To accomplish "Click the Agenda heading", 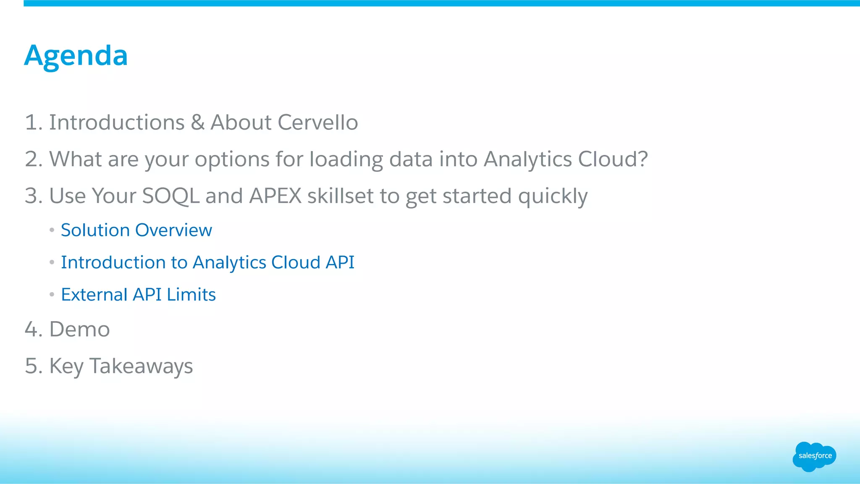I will [76, 55].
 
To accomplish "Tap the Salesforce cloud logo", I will [814, 456].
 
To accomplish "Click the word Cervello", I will [317, 123].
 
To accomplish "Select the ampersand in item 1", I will [197, 123].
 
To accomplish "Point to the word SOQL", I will [170, 196].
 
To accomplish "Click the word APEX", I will [275, 196].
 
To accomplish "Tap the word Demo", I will [79, 329].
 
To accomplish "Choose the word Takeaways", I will [141, 366].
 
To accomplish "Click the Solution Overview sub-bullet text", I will [136, 230].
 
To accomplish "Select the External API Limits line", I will [138, 295].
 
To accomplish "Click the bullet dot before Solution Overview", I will [52, 230].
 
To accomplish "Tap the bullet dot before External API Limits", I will [52, 295].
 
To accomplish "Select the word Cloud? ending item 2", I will [613, 160].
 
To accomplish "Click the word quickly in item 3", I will [553, 196].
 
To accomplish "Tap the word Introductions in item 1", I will [117, 123].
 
